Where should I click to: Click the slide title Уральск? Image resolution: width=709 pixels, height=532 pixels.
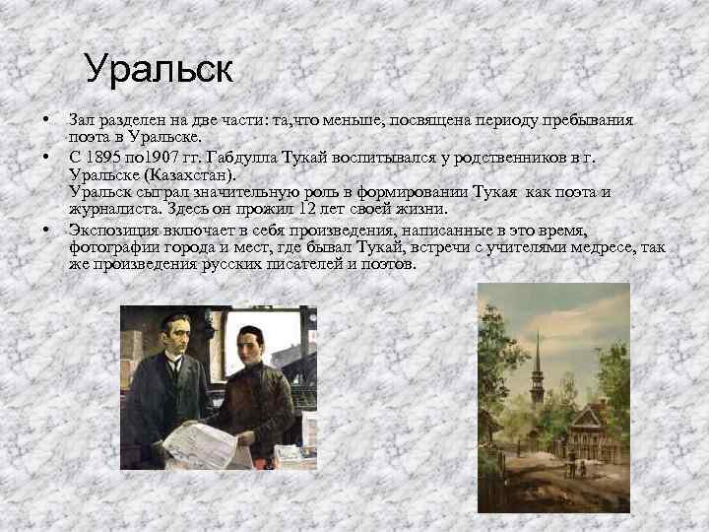158,69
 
